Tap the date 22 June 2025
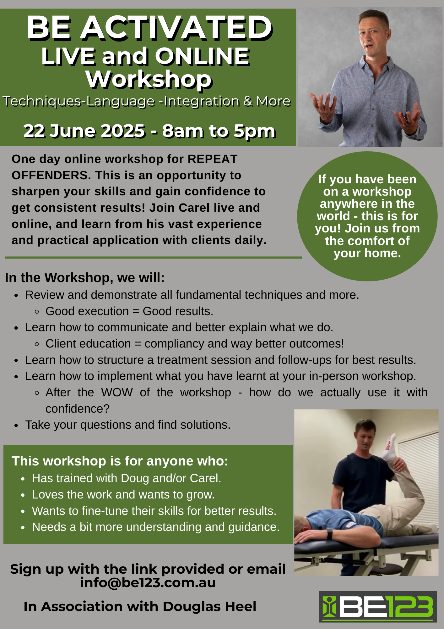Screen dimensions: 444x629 click(84, 131)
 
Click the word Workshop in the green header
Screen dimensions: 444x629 click(149, 79)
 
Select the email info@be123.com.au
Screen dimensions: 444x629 click(148, 582)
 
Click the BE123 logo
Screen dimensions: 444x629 click(378, 607)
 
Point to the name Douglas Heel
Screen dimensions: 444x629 click(209, 606)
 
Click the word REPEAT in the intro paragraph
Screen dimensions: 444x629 click(212, 159)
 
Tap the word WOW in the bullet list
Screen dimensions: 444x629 click(117, 392)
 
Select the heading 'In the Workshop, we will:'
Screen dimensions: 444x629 click(85, 278)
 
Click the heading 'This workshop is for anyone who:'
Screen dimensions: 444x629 click(120, 461)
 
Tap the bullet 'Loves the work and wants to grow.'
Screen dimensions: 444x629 click(123, 495)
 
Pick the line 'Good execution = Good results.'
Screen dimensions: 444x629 click(129, 311)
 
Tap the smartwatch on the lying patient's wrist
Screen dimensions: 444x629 click(330, 534)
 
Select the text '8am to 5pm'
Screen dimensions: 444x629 click(219, 131)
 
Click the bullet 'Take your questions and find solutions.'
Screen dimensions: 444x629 click(128, 425)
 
